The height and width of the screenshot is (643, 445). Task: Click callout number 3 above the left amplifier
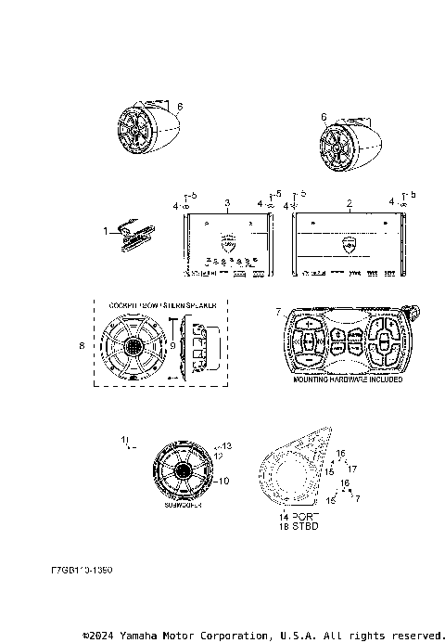click(x=227, y=201)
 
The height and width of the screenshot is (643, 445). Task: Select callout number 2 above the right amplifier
click(x=349, y=201)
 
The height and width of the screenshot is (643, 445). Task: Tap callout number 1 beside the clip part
click(x=106, y=229)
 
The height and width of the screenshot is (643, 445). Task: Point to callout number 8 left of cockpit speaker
click(x=82, y=345)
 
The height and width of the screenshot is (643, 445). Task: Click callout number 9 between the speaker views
click(x=172, y=345)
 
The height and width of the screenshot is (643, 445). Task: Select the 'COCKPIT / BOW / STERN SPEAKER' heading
click(x=163, y=303)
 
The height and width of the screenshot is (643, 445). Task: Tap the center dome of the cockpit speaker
click(x=137, y=346)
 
